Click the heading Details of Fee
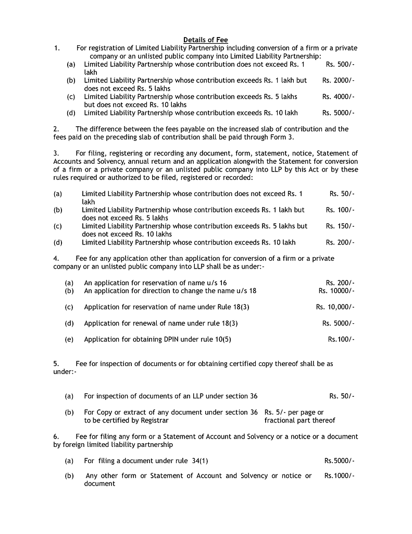[205, 40]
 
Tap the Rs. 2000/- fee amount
[338, 80]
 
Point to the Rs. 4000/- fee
[338, 96]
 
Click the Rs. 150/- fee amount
[340, 226]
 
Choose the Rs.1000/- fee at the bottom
[339, 476]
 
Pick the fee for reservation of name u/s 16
[340, 283]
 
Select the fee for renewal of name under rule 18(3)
[338, 323]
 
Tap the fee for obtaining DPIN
[341, 339]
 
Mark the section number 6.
[56, 436]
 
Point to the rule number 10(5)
[223, 339]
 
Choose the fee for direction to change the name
[336, 290]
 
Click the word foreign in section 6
[74, 445]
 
